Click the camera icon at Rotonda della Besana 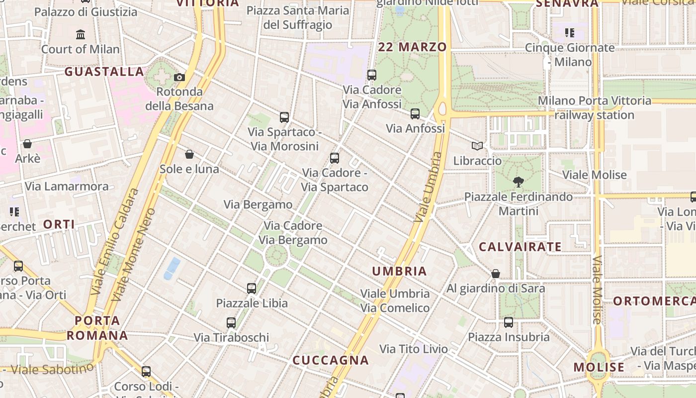(x=179, y=77)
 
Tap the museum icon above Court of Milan (x=81, y=34)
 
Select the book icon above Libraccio (x=477, y=146)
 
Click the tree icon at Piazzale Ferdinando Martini (x=518, y=182)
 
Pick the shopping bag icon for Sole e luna (x=189, y=154)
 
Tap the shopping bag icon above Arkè (x=27, y=144)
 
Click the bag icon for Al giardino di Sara (x=496, y=274)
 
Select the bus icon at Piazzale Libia (x=252, y=288)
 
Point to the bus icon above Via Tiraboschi (x=231, y=322)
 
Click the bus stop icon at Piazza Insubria (x=509, y=322)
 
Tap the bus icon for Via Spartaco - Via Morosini (x=284, y=117)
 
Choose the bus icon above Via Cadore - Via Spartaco (x=335, y=158)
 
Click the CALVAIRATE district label (x=520, y=247)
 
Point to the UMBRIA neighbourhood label (x=400, y=271)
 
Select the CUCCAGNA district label (x=331, y=360)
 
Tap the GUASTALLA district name (x=104, y=72)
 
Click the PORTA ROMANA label (x=97, y=328)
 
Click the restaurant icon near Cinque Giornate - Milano (x=570, y=33)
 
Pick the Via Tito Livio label (x=414, y=349)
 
